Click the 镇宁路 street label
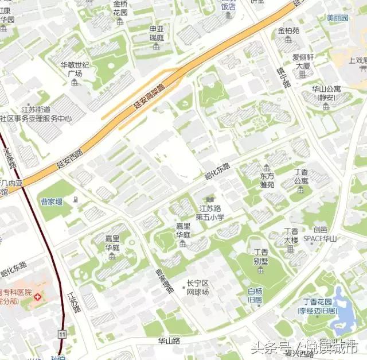283,76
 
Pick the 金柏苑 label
288,31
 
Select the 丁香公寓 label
300,176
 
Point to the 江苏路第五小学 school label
210,212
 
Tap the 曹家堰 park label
52,201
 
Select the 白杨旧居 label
255,295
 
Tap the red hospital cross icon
38,297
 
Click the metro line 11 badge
61,334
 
